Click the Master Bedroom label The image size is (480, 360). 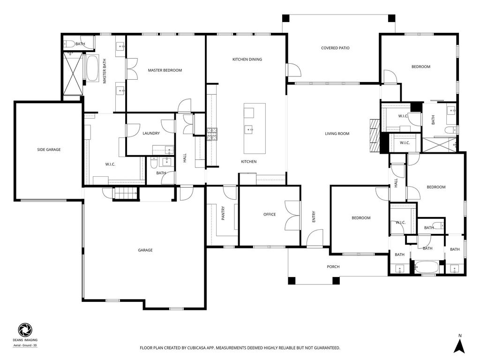point(165,70)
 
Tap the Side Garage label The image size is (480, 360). point(49,150)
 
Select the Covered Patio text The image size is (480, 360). point(335,48)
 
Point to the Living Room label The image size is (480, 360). point(337,134)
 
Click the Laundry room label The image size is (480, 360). point(151,134)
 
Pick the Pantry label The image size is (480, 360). point(223,213)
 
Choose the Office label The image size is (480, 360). point(270,215)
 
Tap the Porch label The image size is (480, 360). point(333,267)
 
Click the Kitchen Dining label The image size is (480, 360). point(247,60)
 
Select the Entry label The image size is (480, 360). point(314,217)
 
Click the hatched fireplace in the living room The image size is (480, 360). point(375,135)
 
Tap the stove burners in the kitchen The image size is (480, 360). point(212,134)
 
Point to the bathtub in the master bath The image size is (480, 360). point(92,68)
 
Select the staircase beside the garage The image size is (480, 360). point(126,194)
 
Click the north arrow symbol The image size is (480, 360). point(459,345)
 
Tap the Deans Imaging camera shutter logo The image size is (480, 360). point(25,330)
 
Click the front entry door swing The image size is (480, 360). point(315,238)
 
